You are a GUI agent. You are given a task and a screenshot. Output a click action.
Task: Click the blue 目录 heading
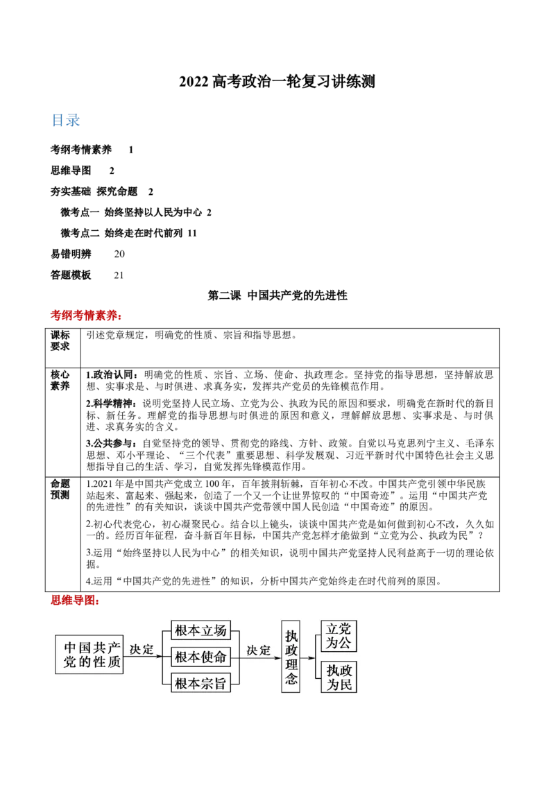tap(66, 120)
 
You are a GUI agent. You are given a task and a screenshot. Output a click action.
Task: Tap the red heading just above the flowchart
tap(75, 600)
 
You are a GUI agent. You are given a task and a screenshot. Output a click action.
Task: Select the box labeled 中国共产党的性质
tap(89, 655)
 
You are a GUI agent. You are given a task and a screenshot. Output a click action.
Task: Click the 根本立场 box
tap(200, 630)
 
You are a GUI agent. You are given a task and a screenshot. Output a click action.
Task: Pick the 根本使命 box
tap(200, 657)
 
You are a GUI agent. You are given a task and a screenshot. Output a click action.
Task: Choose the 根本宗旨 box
tap(200, 683)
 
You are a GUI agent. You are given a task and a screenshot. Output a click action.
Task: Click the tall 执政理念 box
tap(291, 656)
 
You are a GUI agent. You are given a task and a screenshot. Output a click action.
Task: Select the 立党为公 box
tap(339, 636)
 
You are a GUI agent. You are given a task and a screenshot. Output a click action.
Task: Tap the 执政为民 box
tap(339, 677)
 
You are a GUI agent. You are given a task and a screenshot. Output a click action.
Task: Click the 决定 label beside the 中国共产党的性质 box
tap(142, 650)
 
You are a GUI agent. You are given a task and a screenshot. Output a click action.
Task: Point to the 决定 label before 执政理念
tap(259, 650)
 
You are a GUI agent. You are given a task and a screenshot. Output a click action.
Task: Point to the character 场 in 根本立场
tap(220, 630)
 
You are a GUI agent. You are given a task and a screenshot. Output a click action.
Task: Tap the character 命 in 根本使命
tap(220, 657)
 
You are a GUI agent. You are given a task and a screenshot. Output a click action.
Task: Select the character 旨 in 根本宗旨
tap(220, 683)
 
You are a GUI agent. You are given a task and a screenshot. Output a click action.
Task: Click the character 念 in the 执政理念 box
tap(291, 680)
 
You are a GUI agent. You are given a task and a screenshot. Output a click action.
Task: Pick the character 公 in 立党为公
tap(345, 643)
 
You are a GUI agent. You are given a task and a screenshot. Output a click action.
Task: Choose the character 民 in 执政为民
tap(345, 684)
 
